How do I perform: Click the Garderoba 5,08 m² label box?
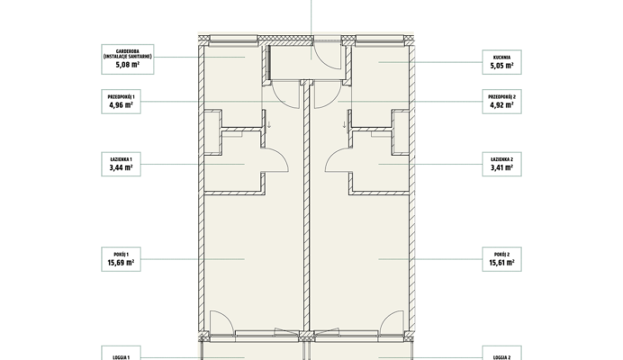point(128,59)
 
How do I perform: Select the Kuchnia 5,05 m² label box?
point(501,62)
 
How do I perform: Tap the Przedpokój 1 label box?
point(122,102)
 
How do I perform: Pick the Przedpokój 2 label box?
point(501,102)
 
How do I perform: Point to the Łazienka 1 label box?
point(122,164)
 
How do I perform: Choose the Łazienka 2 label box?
point(501,164)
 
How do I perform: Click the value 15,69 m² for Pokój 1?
point(121,263)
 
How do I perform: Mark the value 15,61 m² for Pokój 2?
point(501,263)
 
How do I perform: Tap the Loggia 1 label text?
point(122,357)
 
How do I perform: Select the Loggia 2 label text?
point(501,357)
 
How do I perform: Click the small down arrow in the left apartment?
point(269,125)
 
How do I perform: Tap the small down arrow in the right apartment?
point(344,125)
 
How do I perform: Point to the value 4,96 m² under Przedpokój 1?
point(122,105)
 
